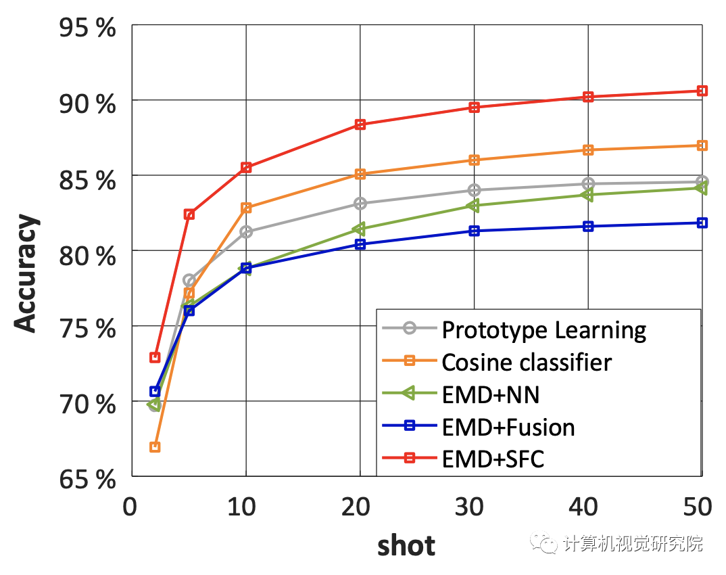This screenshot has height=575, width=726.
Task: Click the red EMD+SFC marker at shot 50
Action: [702, 91]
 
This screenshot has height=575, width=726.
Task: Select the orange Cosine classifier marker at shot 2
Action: [155, 446]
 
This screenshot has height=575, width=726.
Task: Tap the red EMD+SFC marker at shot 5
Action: [189, 214]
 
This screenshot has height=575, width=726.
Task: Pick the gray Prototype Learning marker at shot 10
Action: [246, 231]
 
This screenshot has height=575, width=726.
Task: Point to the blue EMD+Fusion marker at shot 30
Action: [475, 231]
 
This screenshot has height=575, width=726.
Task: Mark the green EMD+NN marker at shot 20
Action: [360, 229]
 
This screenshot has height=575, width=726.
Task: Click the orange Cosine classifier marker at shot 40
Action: [588, 149]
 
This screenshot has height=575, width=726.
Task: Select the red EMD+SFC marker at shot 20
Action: [360, 124]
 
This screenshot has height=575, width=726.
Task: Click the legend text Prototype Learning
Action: [544, 330]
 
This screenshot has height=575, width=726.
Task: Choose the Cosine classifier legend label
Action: [527, 363]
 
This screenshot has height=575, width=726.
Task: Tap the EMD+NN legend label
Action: [491, 395]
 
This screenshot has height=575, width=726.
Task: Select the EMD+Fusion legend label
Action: [508, 428]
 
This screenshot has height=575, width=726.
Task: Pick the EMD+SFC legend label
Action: [493, 460]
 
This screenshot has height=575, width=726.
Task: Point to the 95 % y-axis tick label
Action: [87, 30]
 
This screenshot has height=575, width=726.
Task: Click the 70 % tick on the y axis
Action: [87, 405]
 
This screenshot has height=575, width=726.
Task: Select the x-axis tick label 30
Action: [474, 506]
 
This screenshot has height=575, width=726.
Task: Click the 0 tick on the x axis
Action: [130, 506]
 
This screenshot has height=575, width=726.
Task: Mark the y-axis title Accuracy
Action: [27, 274]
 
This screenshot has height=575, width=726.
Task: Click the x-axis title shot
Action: [406, 545]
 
